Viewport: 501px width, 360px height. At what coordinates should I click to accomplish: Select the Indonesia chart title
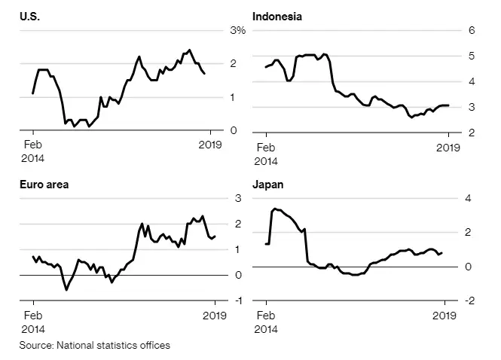coord(276,16)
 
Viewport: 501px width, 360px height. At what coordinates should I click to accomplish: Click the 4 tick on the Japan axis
coord(469,199)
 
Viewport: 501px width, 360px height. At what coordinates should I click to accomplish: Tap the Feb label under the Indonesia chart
coord(265,148)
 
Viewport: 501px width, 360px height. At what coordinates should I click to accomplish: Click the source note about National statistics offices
coord(95,346)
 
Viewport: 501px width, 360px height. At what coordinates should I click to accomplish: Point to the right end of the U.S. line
coord(204,73)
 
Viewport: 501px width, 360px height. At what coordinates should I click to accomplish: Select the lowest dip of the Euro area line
coord(66,289)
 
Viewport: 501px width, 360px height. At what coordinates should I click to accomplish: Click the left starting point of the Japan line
coord(266,243)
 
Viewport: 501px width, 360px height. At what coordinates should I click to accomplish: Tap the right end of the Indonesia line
coord(448,105)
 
